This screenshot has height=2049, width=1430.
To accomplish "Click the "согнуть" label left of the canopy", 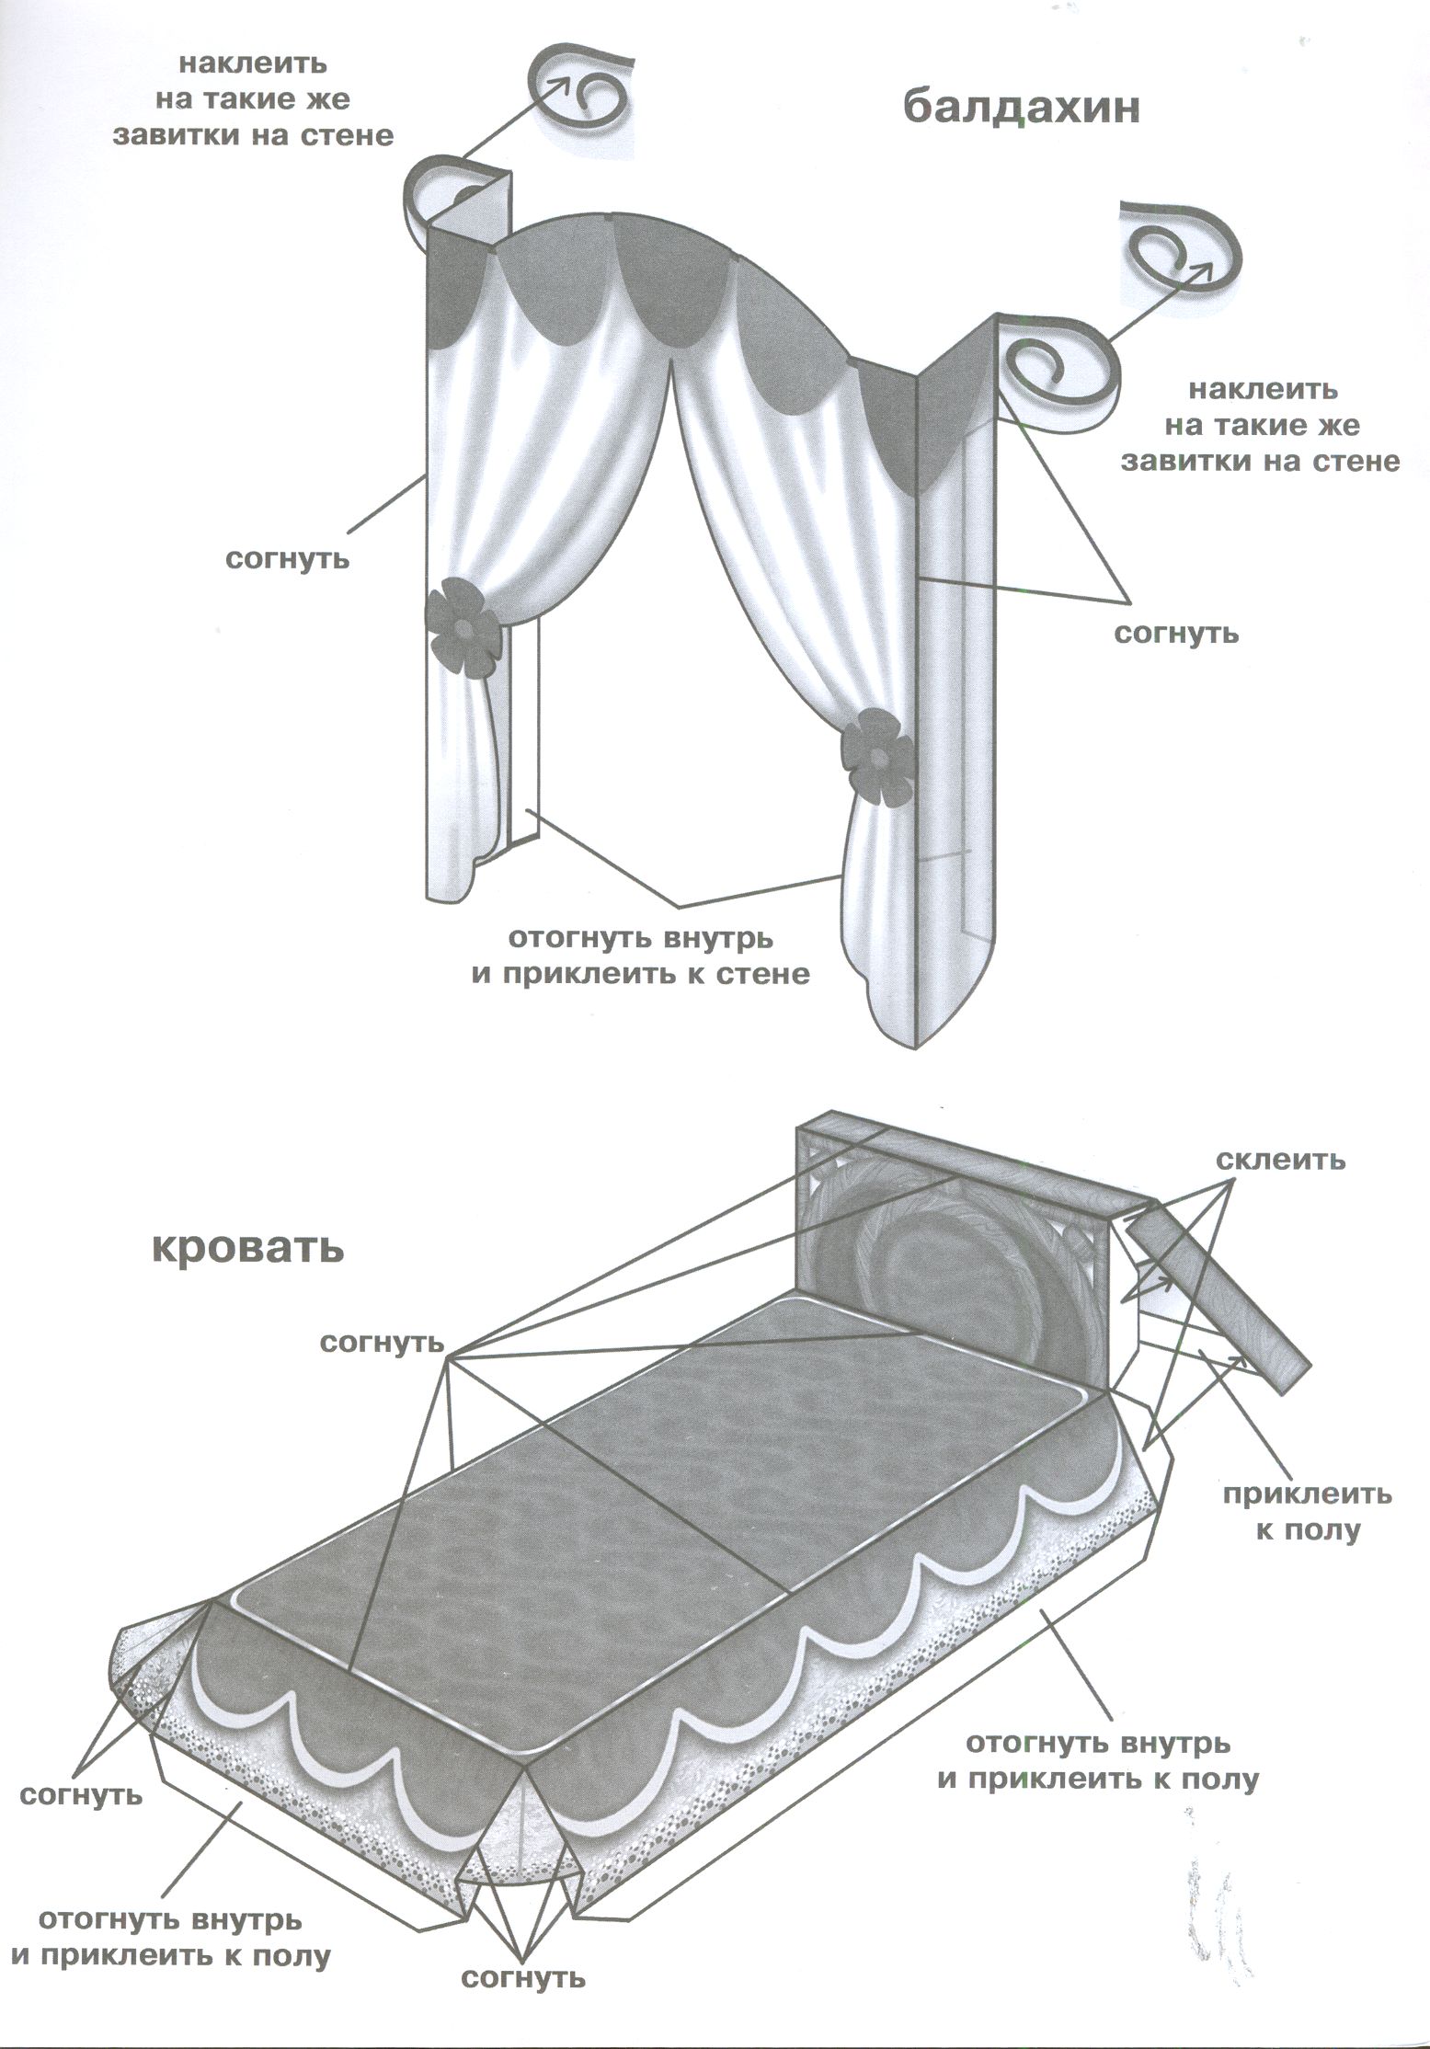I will point(288,558).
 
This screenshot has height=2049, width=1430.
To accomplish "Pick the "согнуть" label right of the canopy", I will point(1176,633).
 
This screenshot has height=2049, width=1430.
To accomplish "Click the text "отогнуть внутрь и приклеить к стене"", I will point(641,956).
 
